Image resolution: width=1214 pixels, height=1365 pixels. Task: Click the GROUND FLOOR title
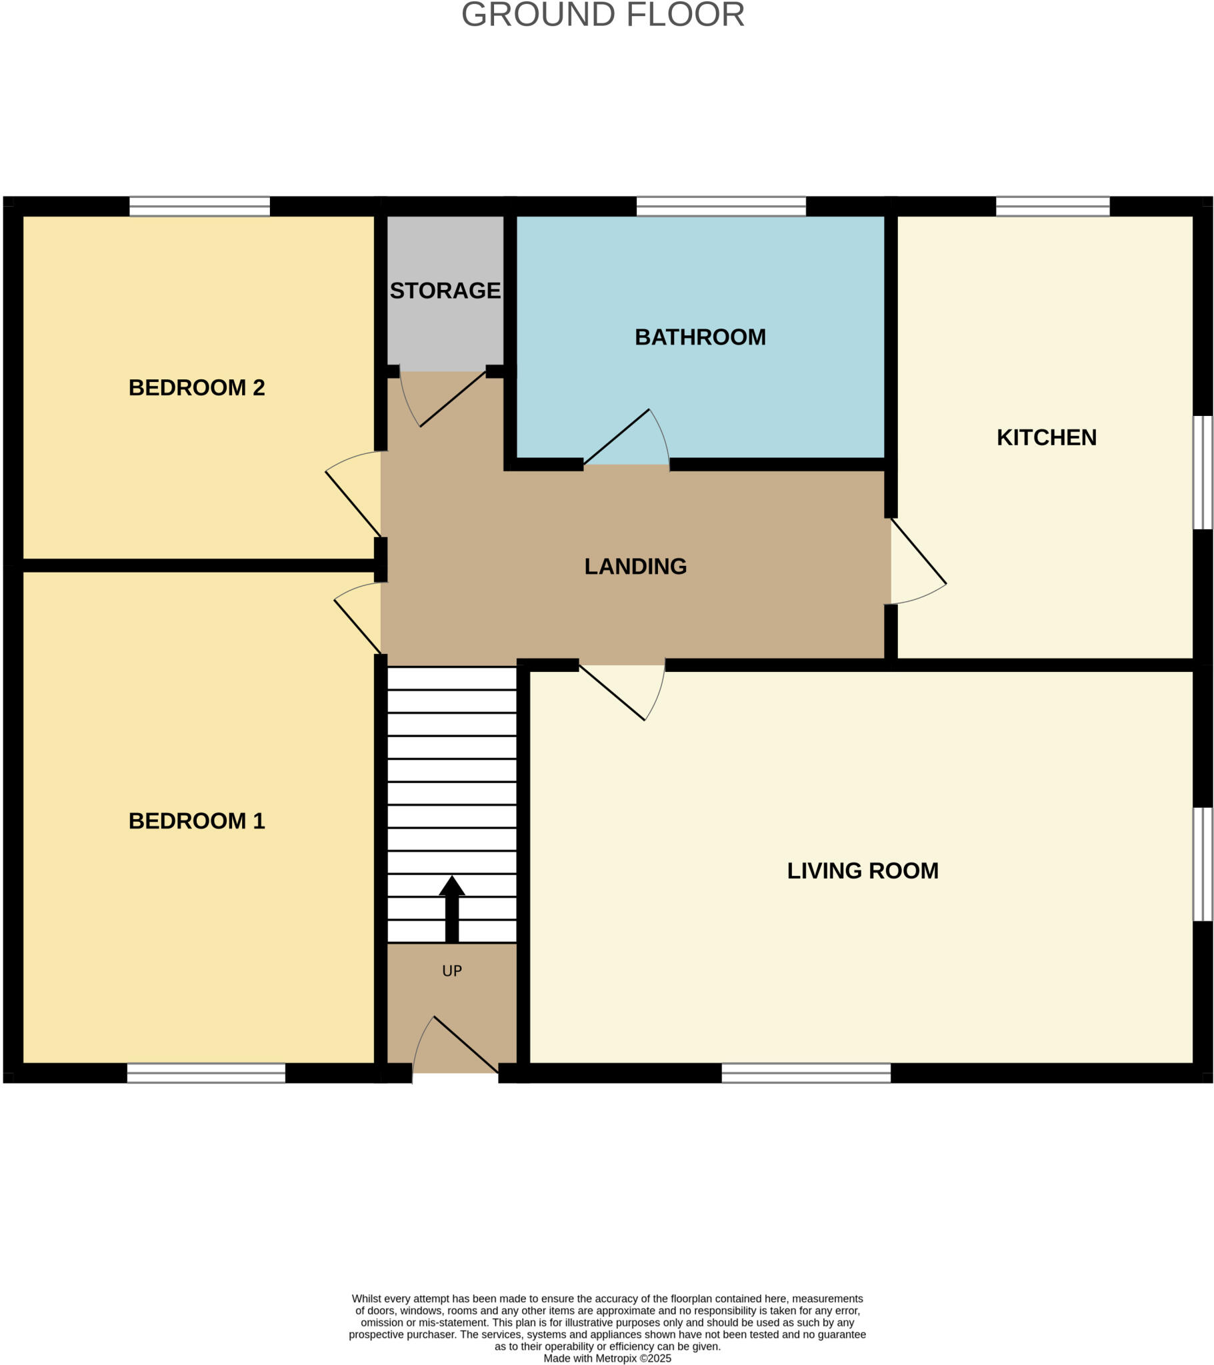603,15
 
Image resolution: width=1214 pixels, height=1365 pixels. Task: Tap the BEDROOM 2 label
197,387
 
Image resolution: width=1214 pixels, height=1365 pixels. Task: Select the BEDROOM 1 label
197,820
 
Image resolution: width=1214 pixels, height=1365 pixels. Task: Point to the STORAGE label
445,291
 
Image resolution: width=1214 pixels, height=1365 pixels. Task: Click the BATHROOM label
699,337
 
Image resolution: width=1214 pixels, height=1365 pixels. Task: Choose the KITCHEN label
1046,437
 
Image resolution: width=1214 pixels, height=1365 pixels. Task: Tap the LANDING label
635,567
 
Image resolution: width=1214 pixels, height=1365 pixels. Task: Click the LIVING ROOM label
863,871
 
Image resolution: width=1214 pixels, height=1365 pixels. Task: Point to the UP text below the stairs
451,971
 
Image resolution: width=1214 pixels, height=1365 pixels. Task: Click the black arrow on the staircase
451,908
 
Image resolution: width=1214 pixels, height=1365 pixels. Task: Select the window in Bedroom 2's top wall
199,207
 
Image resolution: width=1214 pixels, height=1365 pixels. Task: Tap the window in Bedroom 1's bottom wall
206,1072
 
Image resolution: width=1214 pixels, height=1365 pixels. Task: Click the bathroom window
721,207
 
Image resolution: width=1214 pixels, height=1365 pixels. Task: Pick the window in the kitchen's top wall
1052,207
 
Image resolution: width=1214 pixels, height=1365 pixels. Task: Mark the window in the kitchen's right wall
1203,473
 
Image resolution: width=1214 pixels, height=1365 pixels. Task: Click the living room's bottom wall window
806,1072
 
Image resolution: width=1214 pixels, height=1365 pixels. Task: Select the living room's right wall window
1203,864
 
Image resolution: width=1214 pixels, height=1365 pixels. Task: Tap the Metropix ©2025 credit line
607,1358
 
